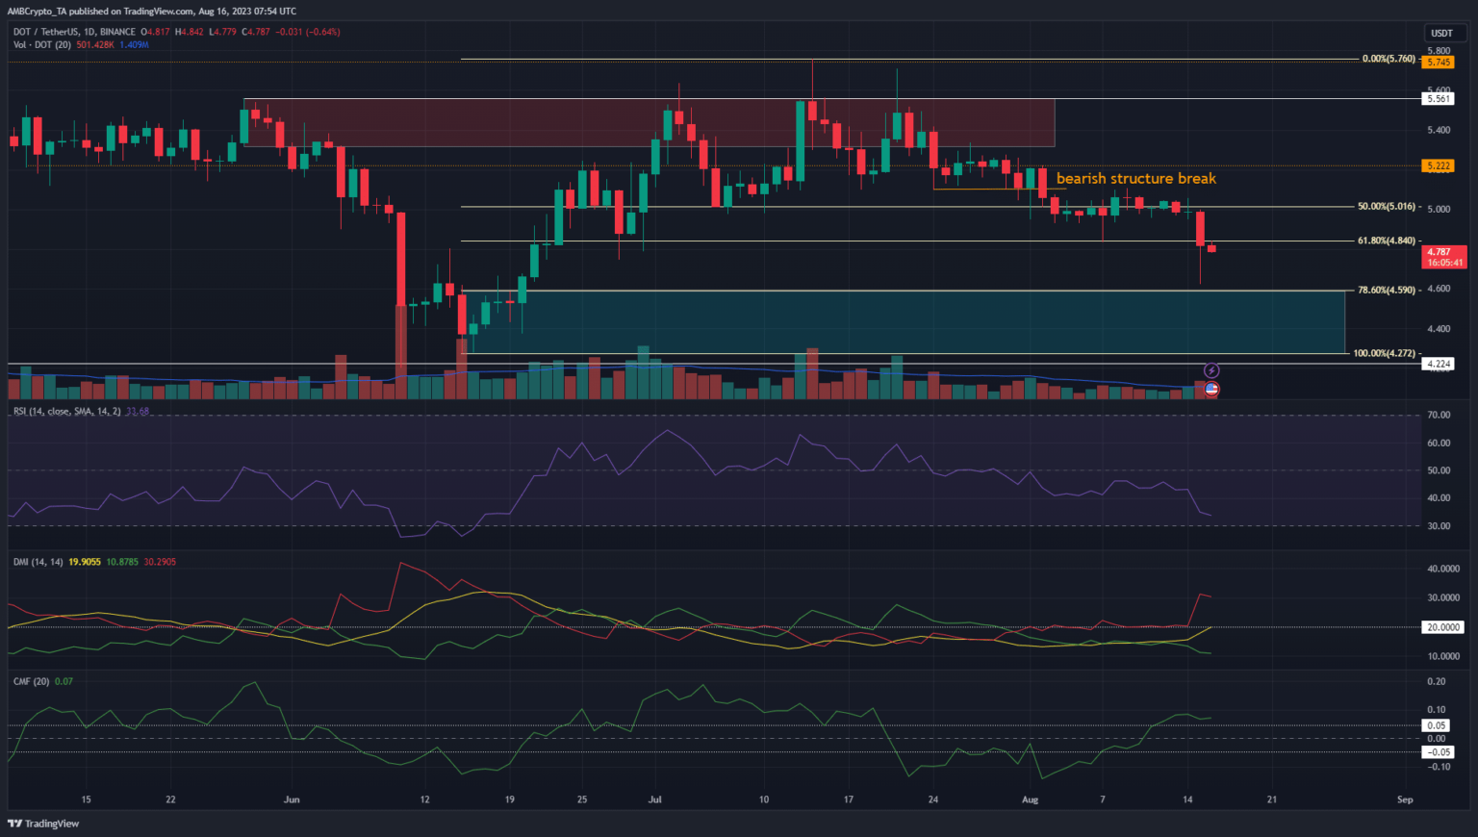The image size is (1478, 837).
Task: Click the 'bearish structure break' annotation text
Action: point(1135,179)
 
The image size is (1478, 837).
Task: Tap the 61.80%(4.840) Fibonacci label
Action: point(1386,241)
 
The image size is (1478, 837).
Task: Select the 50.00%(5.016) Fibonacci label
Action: point(1386,207)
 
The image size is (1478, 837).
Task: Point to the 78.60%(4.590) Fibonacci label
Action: point(1386,290)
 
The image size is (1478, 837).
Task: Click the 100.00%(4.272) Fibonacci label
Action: point(1384,353)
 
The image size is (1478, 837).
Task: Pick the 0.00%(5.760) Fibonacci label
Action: point(1389,59)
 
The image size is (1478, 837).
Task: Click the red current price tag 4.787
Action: point(1439,252)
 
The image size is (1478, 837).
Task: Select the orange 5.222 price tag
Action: point(1439,165)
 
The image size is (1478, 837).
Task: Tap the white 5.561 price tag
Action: point(1439,99)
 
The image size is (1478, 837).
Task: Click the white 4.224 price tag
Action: point(1439,364)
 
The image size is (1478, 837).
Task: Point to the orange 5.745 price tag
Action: point(1439,63)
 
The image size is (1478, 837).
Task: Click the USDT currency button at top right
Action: point(1441,34)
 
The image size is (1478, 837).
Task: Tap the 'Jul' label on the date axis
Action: point(655,799)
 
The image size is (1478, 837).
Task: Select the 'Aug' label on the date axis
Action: point(1030,799)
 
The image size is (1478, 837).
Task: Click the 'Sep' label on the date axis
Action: point(1405,799)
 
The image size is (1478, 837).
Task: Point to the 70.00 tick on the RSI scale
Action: point(1439,416)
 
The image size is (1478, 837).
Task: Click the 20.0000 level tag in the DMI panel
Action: point(1442,627)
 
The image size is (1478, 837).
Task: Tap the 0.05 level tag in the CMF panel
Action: point(1437,725)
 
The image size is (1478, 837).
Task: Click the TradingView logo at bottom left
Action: point(43,824)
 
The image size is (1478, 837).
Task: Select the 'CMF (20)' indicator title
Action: point(31,681)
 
